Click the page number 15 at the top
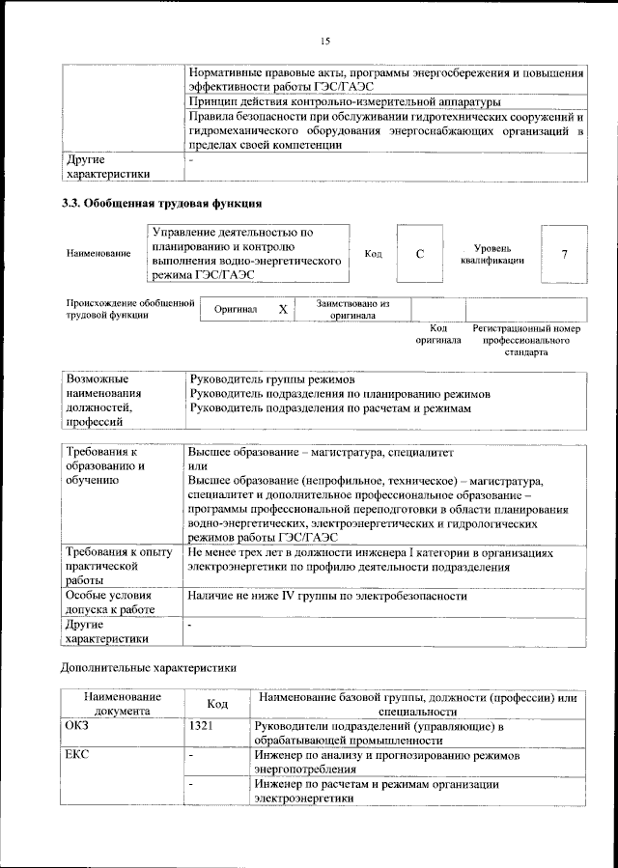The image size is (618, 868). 325,41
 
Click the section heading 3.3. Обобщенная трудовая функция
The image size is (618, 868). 161,204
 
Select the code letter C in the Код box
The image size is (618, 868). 420,254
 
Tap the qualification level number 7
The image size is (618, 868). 564,254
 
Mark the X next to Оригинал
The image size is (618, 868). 282,310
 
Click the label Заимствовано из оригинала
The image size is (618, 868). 352,309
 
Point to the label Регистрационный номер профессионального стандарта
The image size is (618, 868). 526,341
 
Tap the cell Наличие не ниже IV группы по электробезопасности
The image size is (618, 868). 328,597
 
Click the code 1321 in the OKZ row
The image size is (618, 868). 203,725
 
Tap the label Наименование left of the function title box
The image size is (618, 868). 98,254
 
